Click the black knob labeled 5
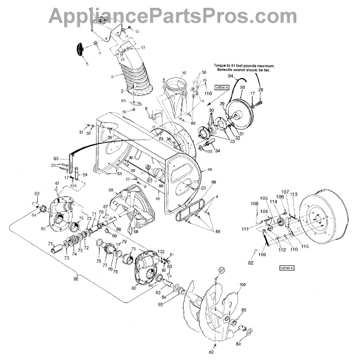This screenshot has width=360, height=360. click(80, 47)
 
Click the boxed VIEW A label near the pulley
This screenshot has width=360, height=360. click(223, 88)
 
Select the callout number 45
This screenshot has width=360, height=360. click(209, 170)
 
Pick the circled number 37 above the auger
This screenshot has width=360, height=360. click(221, 271)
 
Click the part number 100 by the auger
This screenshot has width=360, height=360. click(242, 284)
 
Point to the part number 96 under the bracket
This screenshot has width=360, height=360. click(75, 278)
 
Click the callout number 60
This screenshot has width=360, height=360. click(56, 158)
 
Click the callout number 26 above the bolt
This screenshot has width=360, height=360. click(260, 89)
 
